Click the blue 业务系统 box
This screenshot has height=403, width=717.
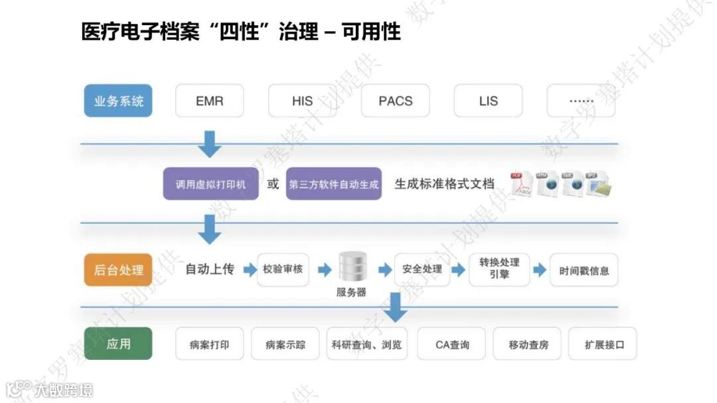118,101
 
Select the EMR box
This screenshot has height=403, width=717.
209,101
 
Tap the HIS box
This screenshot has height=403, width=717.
302,101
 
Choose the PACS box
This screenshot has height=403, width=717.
395,101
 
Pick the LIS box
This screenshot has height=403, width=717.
488,101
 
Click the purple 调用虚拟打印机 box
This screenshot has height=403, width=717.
210,184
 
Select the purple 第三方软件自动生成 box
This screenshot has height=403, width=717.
334,184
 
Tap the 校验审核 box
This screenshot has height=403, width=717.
283,270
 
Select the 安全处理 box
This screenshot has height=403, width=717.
422,270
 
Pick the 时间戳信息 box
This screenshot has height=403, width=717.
584,270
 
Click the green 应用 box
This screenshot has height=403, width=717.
118,344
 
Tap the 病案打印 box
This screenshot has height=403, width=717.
209,344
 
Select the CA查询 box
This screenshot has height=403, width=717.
452,344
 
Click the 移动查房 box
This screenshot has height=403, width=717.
528,344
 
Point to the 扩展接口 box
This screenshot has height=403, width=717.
603,344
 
